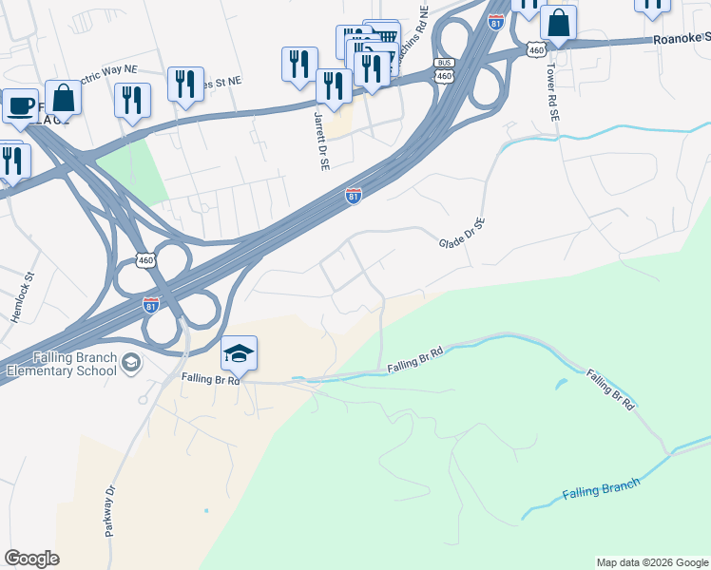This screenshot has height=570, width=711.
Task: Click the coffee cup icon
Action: tap(19, 106)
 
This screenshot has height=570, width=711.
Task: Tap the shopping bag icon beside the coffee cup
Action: tap(63, 97)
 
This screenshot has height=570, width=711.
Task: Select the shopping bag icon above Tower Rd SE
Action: tap(560, 24)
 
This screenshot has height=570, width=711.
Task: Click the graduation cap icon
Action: tap(239, 354)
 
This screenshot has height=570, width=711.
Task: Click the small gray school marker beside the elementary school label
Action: tap(131, 362)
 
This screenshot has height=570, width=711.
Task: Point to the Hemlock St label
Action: tap(23, 298)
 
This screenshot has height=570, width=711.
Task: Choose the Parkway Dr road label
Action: tap(111, 512)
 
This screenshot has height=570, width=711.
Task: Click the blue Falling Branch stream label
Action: tap(601, 487)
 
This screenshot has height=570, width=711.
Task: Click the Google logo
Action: tap(31, 559)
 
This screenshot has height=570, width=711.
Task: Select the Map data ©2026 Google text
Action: tap(652, 562)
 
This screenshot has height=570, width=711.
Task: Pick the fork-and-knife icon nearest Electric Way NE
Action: tap(132, 101)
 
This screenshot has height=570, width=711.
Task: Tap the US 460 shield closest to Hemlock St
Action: tap(145, 259)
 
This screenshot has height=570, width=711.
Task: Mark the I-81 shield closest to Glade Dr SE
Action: tap(353, 194)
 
